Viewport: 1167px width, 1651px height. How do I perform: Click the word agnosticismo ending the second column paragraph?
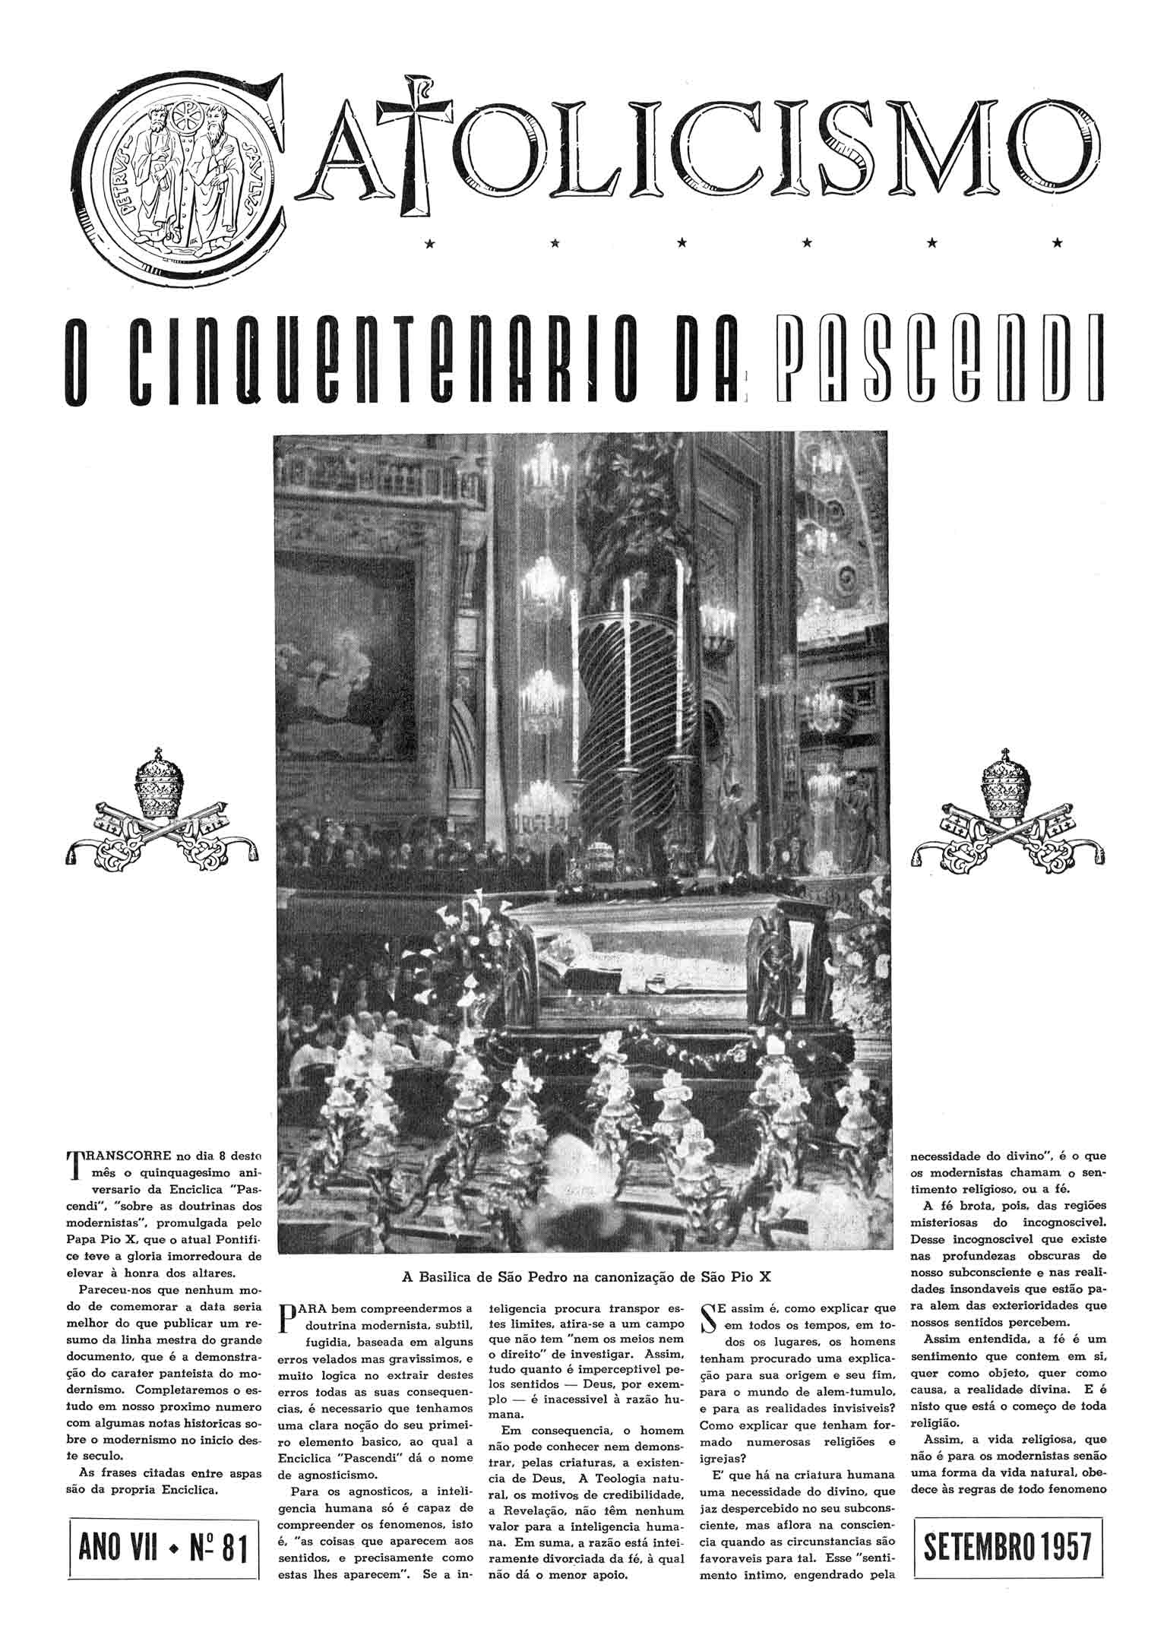tap(328, 1475)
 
